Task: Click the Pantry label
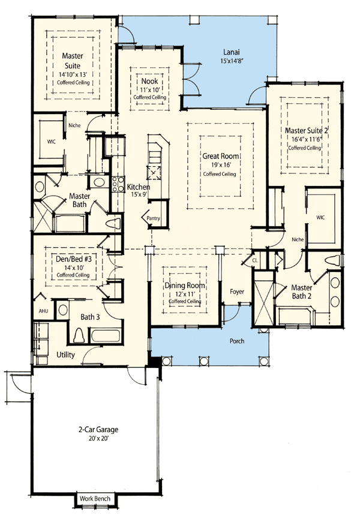pos(153,218)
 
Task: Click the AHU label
pos(43,311)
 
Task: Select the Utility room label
pos(65,355)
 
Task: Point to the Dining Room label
pos(185,286)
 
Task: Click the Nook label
pos(149,81)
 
